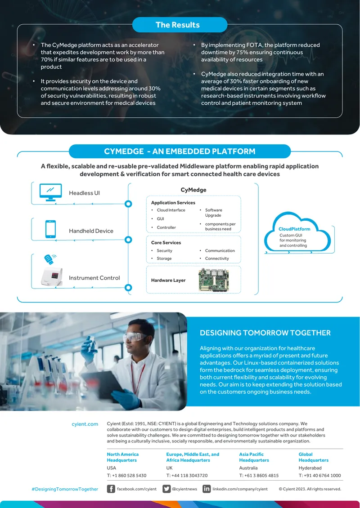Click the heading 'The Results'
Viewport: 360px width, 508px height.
coord(177,25)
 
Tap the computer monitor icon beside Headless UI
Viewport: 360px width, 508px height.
coord(50,192)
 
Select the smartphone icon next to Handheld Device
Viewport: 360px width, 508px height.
coord(50,229)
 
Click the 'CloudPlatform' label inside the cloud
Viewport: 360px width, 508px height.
coord(294,229)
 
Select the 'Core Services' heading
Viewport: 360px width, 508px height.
coord(166,243)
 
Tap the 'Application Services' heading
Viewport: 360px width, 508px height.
coord(173,203)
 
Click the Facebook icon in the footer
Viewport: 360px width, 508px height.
coord(111,489)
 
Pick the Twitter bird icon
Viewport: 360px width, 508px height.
coord(166,489)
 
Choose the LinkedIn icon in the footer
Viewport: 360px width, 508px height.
coord(207,489)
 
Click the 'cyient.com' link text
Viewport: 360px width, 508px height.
coord(85,424)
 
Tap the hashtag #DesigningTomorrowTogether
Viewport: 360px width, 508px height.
coord(65,489)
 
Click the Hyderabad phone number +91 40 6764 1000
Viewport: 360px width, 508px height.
coord(320,476)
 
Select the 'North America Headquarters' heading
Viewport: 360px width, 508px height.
coord(122,457)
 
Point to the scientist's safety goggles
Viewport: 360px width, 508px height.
coord(135,337)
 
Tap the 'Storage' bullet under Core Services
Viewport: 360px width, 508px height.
coord(164,258)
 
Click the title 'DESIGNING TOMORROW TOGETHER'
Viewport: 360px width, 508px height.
coord(265,333)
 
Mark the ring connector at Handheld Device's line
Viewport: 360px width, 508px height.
coord(128,240)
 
